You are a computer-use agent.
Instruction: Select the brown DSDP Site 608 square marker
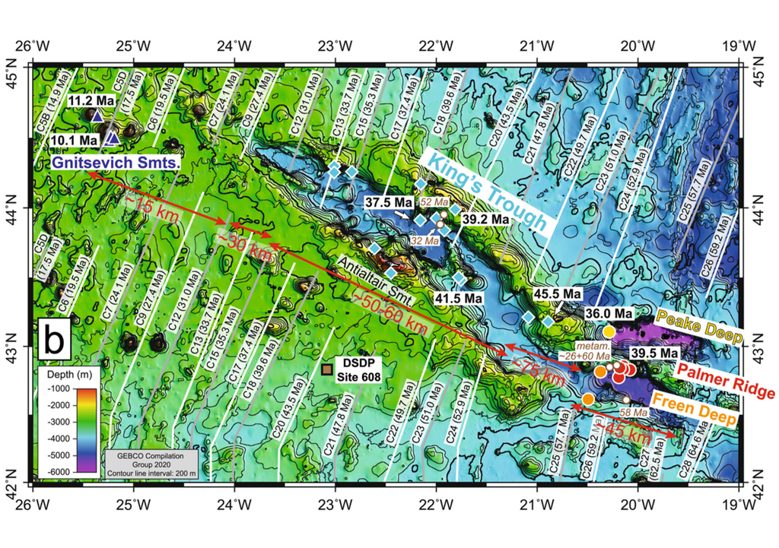click(x=326, y=369)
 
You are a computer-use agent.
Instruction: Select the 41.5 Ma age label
click(x=459, y=299)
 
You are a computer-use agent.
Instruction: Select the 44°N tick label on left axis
click(x=13, y=205)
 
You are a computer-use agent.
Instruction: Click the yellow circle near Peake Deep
click(x=609, y=331)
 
